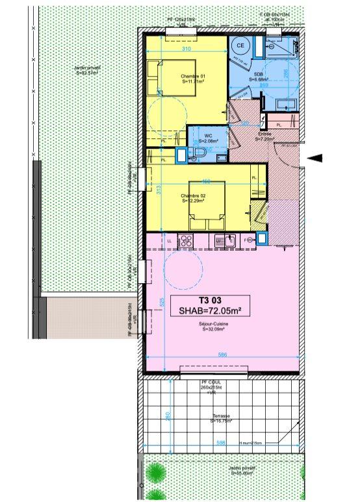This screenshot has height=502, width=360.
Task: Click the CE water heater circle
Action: click(239, 45)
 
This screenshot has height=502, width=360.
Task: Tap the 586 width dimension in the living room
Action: click(222, 355)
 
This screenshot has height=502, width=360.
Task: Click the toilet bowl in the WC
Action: click(199, 152)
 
